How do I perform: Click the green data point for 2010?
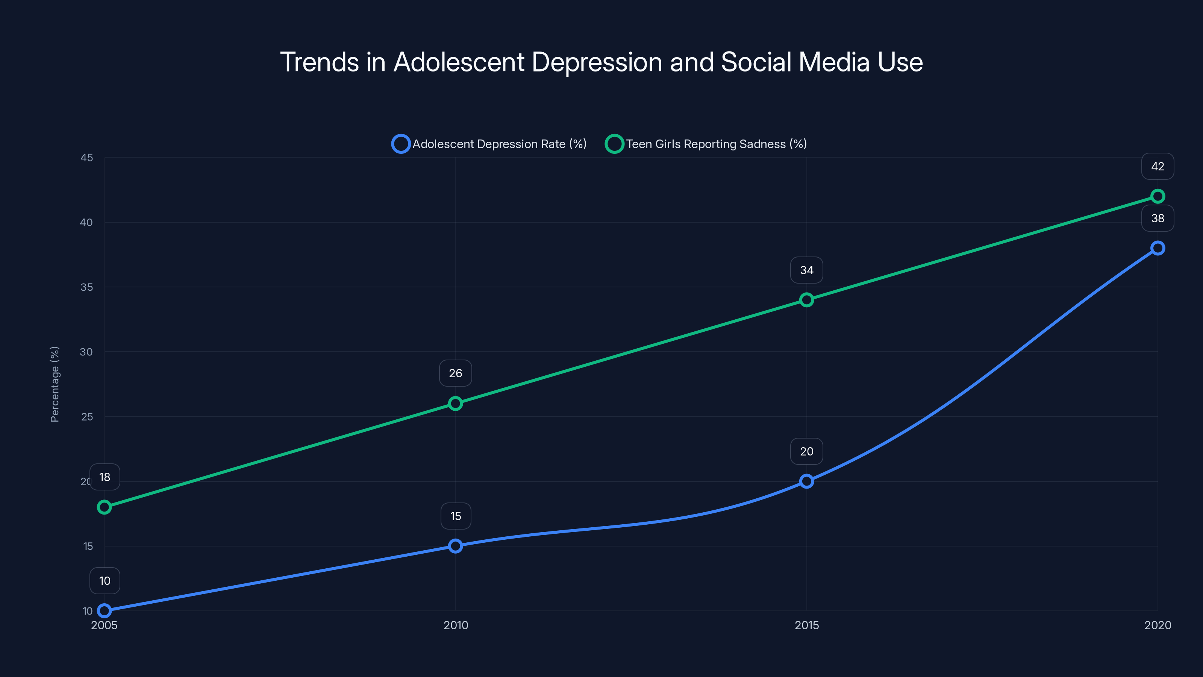(x=455, y=403)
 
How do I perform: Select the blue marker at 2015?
(x=806, y=481)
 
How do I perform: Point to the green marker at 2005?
(x=104, y=507)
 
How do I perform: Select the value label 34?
(x=806, y=270)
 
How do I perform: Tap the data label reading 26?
(x=455, y=373)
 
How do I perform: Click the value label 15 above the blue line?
(x=455, y=516)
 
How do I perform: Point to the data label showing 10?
(x=105, y=581)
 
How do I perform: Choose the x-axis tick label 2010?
(x=455, y=625)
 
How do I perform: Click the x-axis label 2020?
(x=1157, y=625)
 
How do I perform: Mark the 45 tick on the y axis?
(x=86, y=158)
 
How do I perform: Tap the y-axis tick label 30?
(x=86, y=352)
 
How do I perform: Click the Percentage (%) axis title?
(x=55, y=384)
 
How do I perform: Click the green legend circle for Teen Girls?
(x=614, y=144)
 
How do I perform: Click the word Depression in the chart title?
(x=597, y=62)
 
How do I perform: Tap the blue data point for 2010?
(x=455, y=546)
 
